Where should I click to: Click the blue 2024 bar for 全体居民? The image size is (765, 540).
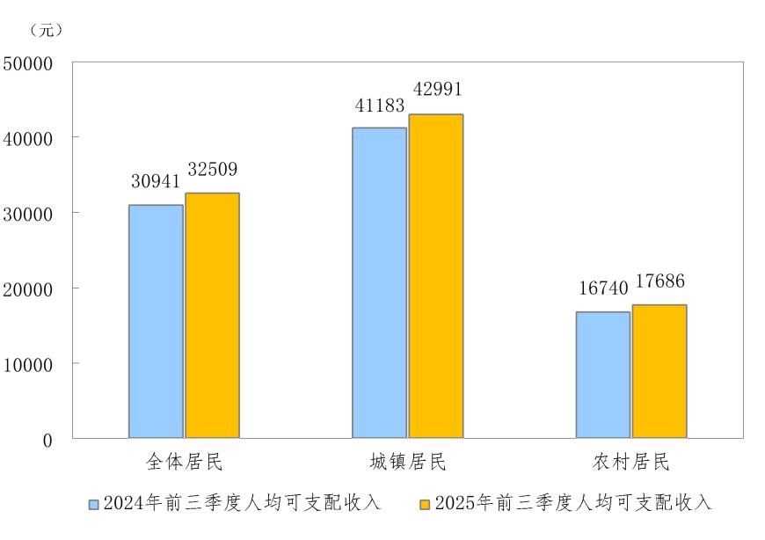point(156,321)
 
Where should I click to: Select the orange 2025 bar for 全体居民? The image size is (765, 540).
point(212,315)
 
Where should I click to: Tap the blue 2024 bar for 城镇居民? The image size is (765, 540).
point(380,282)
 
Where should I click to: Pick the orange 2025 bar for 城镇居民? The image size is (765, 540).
point(435,275)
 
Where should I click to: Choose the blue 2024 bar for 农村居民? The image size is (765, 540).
point(603,375)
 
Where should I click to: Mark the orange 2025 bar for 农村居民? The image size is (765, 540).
point(659,371)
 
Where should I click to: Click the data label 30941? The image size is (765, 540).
point(156,182)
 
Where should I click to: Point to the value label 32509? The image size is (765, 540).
point(212,169)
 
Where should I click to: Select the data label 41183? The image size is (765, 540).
point(380,106)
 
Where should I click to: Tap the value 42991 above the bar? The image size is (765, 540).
point(435,91)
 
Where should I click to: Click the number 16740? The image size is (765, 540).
point(603,289)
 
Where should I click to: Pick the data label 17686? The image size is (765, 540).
point(659,282)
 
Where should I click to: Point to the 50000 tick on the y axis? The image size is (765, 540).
point(28,63)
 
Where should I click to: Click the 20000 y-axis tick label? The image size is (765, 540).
point(28,288)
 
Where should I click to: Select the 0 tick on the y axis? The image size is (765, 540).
point(47,440)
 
